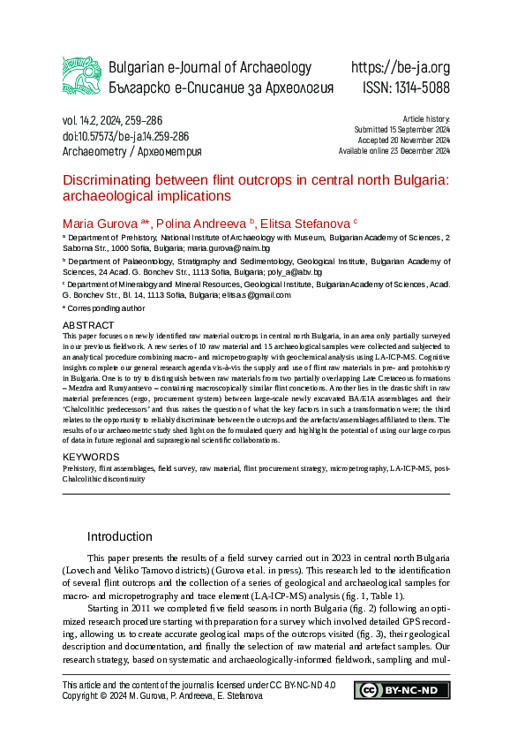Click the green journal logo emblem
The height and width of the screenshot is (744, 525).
tap(81, 77)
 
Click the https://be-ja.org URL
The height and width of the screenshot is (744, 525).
tap(400, 68)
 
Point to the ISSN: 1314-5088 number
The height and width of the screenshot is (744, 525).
tap(406, 88)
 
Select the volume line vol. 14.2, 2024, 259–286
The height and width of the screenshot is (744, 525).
tap(112, 120)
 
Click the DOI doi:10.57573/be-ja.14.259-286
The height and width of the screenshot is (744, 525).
tap(125, 136)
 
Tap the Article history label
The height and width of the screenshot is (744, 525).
tap(426, 118)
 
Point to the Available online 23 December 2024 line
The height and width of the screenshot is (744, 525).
tap(394, 151)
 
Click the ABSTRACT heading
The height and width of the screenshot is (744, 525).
tap(88, 326)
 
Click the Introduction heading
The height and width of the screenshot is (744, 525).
tap(119, 536)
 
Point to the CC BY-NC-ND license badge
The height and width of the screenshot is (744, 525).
tap(401, 690)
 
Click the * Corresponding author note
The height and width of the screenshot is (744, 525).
tap(103, 308)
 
